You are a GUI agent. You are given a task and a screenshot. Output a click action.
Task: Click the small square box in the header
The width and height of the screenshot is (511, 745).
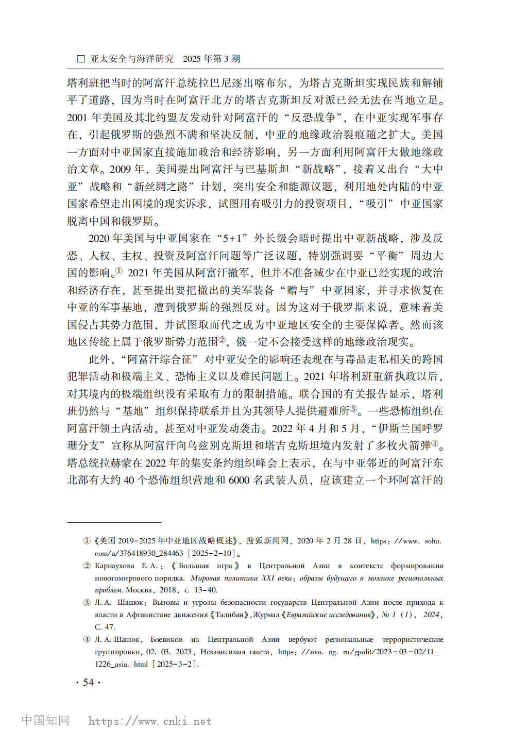tap(80, 59)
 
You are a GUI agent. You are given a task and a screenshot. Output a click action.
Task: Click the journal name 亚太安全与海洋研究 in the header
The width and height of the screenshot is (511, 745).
tap(132, 59)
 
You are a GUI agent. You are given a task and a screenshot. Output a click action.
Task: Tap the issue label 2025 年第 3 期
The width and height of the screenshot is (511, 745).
tap(211, 59)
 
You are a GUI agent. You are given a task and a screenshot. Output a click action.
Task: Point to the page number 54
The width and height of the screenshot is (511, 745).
tap(88, 682)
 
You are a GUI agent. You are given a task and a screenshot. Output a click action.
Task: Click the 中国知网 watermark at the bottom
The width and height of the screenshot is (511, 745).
tap(45, 720)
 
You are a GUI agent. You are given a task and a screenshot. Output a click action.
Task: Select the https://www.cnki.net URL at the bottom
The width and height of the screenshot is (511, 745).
tap(150, 721)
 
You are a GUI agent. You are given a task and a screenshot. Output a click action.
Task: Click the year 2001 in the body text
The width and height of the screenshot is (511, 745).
tap(77, 118)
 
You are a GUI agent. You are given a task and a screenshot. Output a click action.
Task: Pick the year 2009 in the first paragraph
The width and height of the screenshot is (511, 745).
tap(120, 169)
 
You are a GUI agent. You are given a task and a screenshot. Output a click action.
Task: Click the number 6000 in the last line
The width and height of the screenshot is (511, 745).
tap(239, 480)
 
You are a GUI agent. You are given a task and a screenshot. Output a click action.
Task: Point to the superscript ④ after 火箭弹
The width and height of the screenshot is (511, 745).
tap(435, 443)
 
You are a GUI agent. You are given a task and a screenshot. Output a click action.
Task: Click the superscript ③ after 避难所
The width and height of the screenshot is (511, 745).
tap(353, 409)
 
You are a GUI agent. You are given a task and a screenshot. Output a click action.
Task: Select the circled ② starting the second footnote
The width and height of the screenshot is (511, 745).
tap(87, 566)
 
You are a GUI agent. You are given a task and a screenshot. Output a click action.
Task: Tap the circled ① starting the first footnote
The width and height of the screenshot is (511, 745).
tap(87, 541)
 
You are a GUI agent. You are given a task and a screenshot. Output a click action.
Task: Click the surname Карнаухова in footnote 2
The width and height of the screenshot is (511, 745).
tap(114, 566)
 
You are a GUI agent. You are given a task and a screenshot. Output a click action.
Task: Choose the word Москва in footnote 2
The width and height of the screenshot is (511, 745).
tap(139, 590)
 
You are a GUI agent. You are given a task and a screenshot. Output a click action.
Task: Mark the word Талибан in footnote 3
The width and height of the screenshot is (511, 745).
tap(229, 615)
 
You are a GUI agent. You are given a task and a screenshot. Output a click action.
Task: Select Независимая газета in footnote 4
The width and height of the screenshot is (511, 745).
tap(235, 652)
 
